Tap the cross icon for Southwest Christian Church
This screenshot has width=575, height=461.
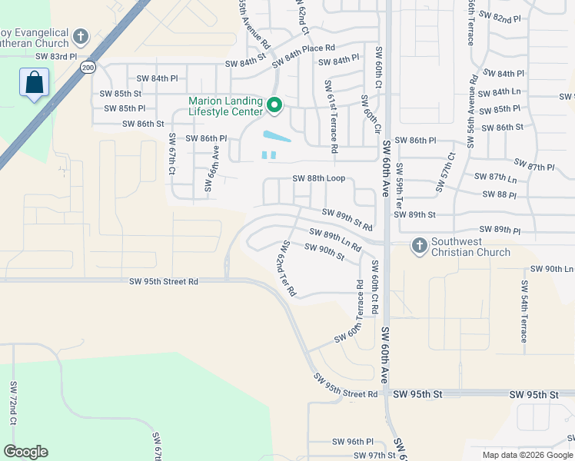(419, 245)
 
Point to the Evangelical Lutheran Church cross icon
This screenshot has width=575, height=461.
(81, 36)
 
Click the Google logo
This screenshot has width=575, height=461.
(25, 452)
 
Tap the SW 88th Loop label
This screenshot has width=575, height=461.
(323, 178)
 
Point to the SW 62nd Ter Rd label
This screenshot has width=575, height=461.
(287, 269)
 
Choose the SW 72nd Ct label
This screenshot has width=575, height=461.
(13, 403)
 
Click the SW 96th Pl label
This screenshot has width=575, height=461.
(352, 442)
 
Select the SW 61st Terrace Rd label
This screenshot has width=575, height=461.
(330, 114)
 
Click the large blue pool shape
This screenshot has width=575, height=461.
(278, 137)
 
